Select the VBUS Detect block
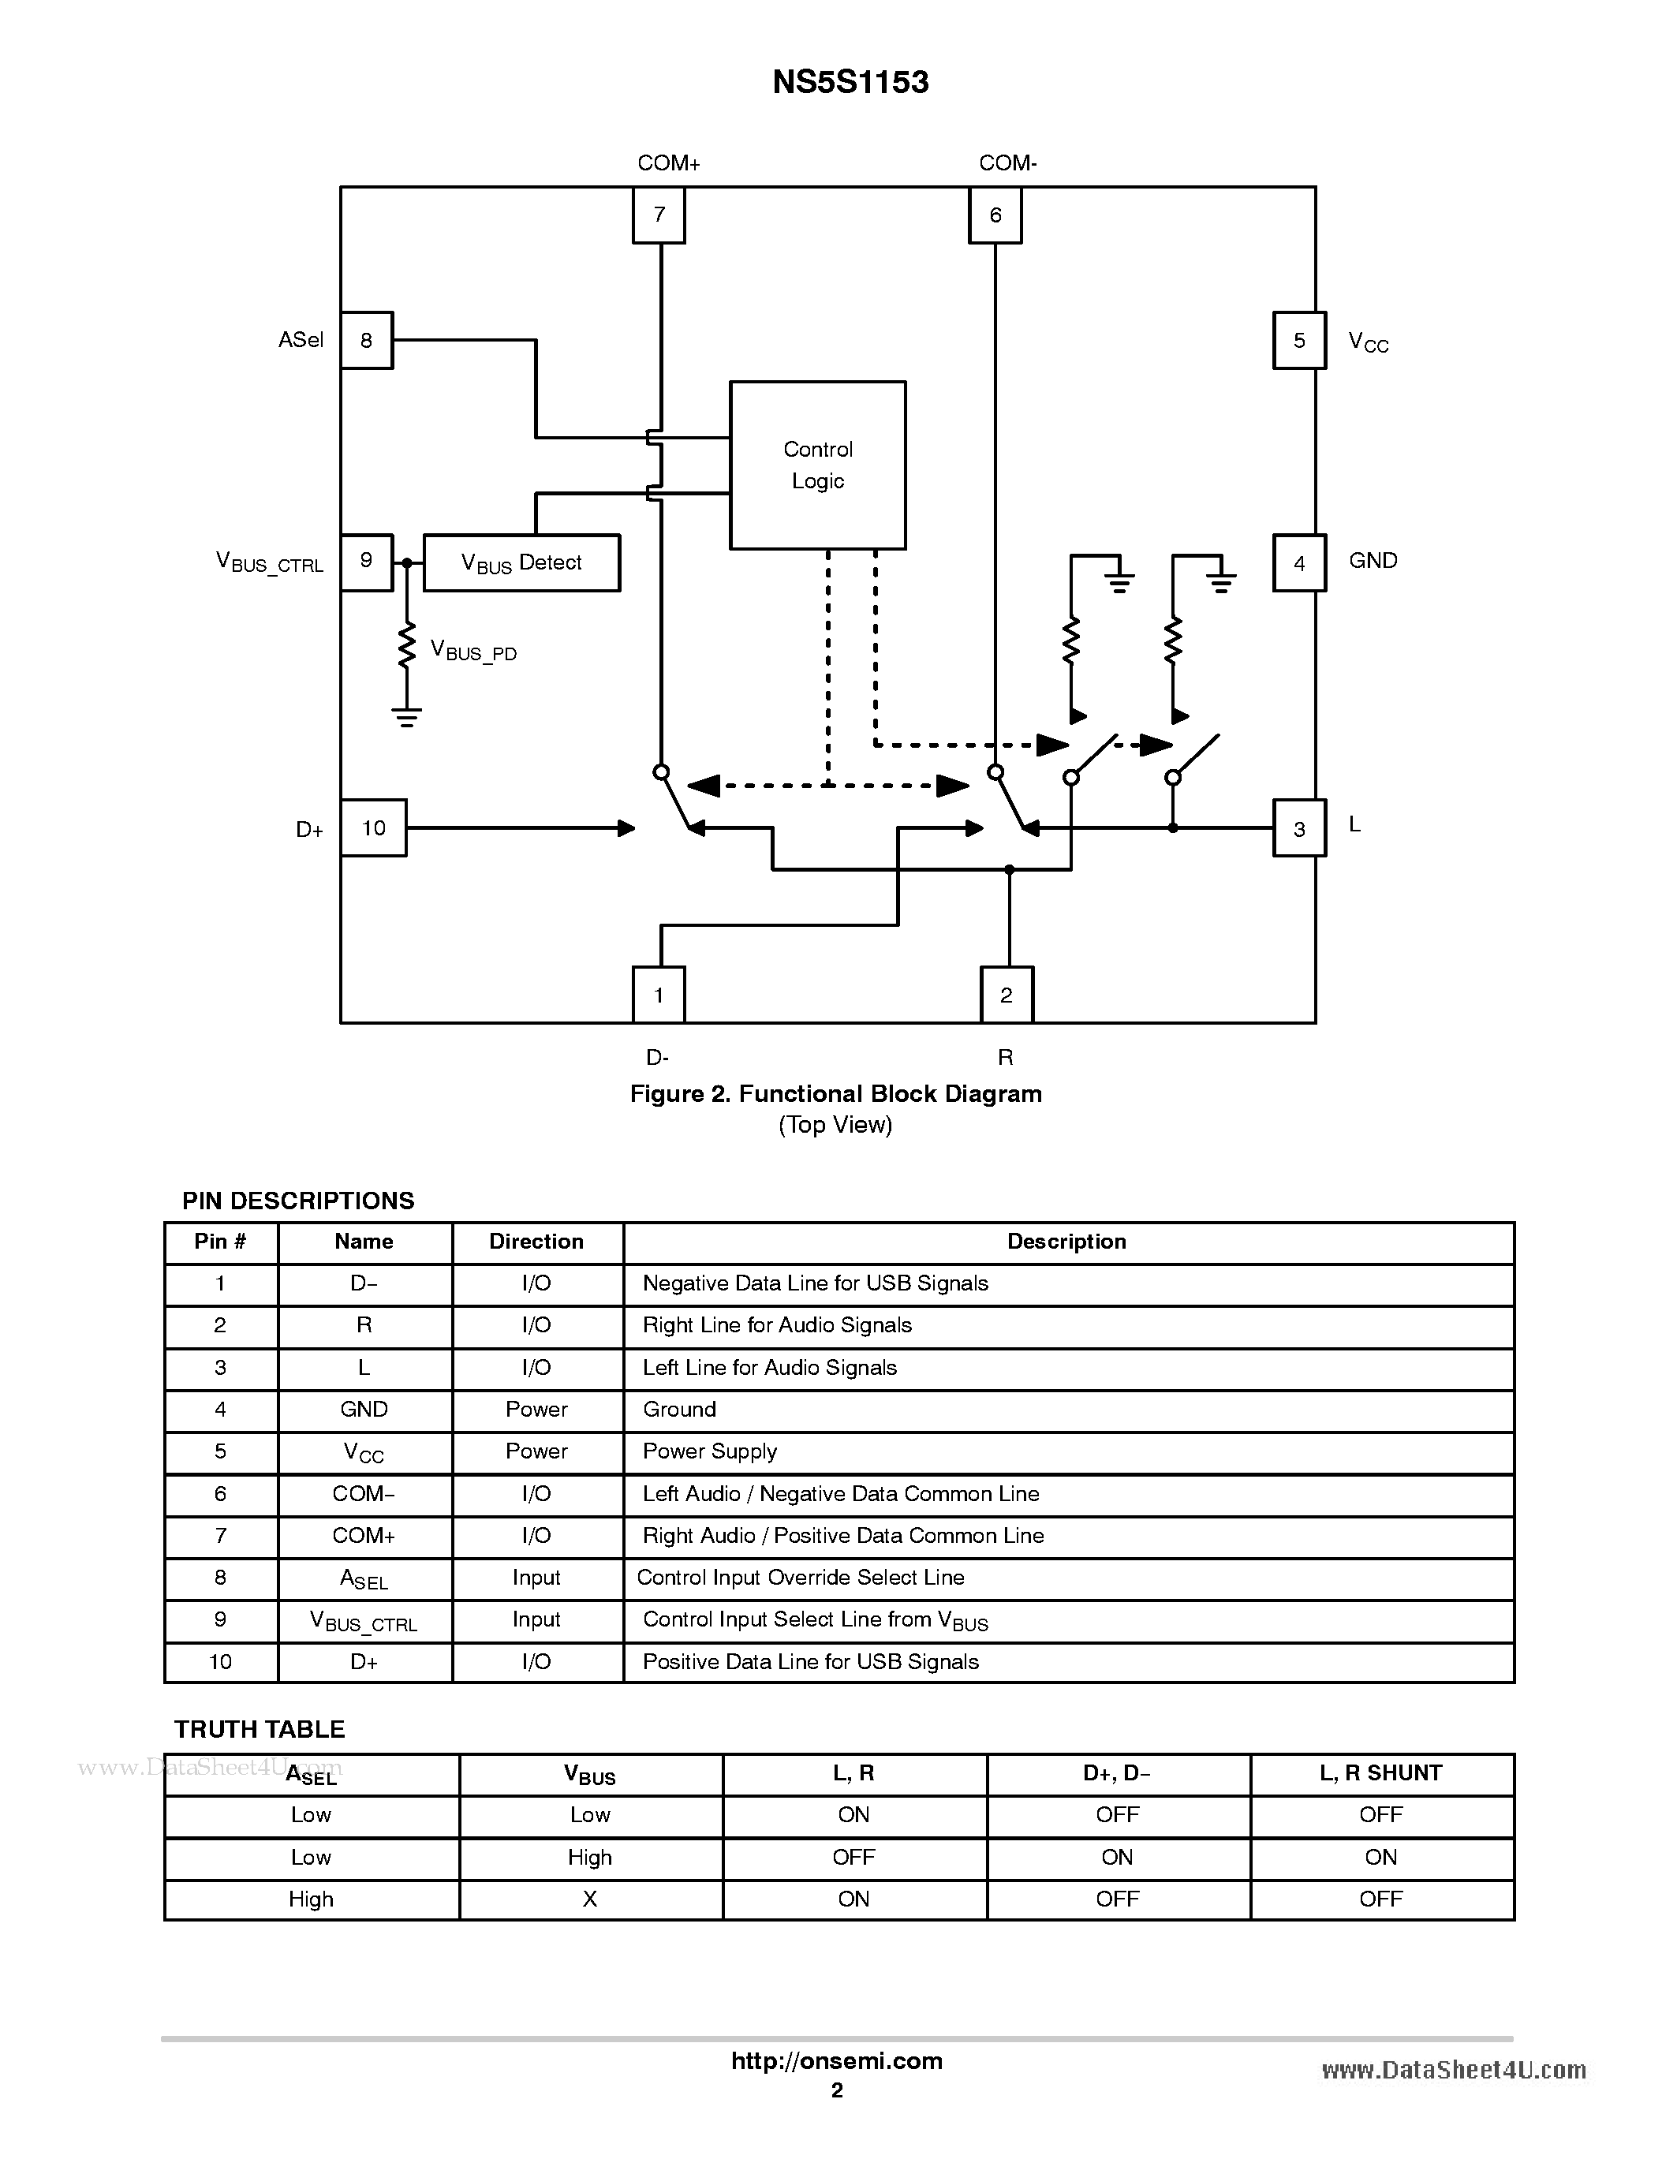[x=521, y=563]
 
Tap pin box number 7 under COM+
[x=659, y=215]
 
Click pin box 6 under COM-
[x=995, y=215]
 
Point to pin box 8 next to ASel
[x=367, y=341]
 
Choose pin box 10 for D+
[x=374, y=827]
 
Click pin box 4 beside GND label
[x=1298, y=563]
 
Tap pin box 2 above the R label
[x=1007, y=995]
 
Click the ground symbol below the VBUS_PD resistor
[x=406, y=717]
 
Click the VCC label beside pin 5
[x=1368, y=343]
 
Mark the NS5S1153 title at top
[x=850, y=81]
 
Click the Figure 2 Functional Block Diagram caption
[x=835, y=1094]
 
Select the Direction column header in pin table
[x=536, y=1242]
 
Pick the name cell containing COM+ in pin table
[x=364, y=1536]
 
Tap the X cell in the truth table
[x=590, y=1899]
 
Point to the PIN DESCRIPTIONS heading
[x=298, y=1201]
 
